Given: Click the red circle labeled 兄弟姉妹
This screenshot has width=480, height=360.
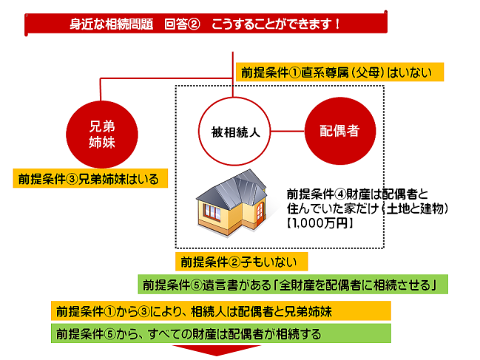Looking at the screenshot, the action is (x=102, y=135).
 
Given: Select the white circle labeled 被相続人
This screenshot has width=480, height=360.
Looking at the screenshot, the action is (x=234, y=132).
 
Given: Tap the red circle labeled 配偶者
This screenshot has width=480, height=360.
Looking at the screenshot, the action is (x=340, y=131).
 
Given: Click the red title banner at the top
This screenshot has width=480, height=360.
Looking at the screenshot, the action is (x=206, y=24).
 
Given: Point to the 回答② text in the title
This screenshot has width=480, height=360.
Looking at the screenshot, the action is (x=182, y=24).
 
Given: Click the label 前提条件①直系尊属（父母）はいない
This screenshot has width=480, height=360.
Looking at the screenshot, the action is (x=339, y=72).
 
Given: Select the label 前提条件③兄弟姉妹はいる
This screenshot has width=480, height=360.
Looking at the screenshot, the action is (x=90, y=178).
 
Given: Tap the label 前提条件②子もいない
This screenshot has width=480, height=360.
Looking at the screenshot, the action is (x=242, y=262).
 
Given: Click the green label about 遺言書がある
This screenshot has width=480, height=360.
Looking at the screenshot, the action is (x=293, y=285).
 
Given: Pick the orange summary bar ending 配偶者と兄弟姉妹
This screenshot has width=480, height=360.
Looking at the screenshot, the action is (x=221, y=310).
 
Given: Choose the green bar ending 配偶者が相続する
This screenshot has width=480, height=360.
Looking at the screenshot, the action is (x=221, y=333).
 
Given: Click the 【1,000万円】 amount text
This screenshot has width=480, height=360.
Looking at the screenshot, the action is (x=320, y=223).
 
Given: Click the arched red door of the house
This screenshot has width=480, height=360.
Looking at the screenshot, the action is (x=260, y=211).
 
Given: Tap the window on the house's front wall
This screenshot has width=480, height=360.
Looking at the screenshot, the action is (x=212, y=212).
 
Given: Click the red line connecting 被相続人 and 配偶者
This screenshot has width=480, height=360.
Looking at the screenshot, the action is (x=288, y=132).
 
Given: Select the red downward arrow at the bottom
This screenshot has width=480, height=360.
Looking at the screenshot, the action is (x=217, y=350).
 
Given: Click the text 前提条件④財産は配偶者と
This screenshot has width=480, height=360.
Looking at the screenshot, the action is (x=357, y=194).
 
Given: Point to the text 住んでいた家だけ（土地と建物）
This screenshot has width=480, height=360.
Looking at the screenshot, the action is (x=368, y=208).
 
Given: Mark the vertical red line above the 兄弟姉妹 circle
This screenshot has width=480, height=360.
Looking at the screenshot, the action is (x=101, y=89).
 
